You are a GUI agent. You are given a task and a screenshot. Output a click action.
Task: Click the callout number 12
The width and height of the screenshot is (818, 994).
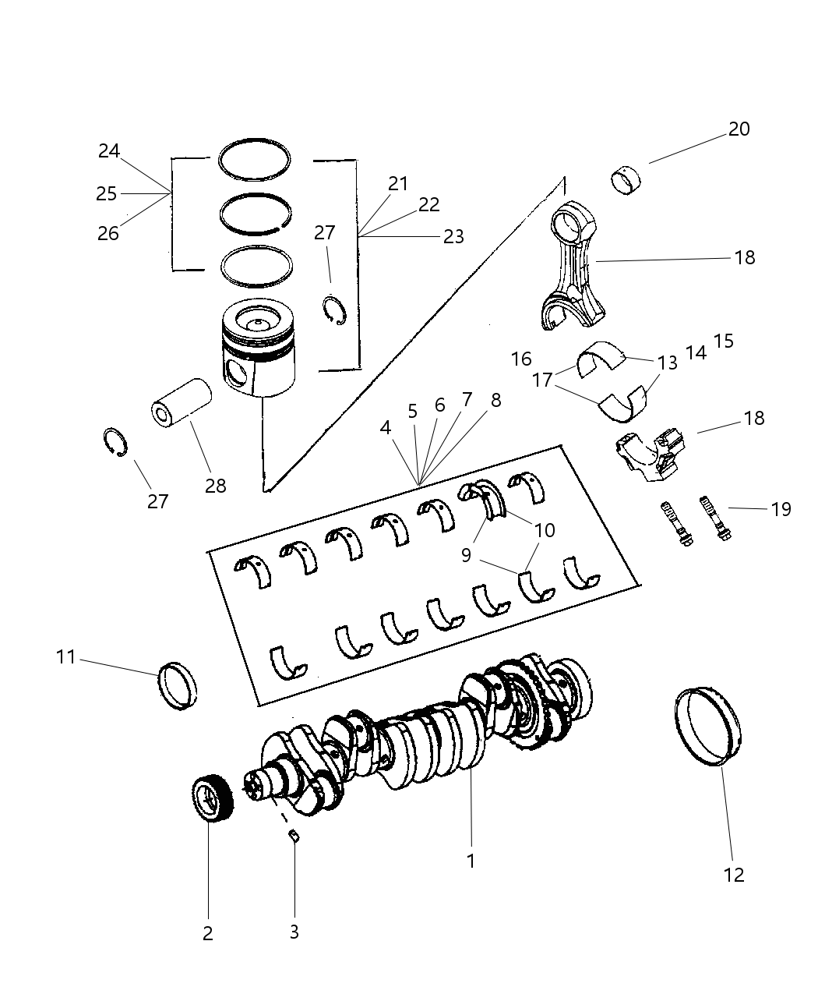pos(734,875)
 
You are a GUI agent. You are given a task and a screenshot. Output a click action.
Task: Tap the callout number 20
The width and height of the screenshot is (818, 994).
pos(739,129)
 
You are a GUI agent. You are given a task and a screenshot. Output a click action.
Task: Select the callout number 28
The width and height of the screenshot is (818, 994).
pos(215,486)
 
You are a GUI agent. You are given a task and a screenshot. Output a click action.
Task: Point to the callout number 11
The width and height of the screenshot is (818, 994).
pos(66,657)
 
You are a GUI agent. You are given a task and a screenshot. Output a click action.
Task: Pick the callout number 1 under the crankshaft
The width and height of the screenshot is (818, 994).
pos(471,861)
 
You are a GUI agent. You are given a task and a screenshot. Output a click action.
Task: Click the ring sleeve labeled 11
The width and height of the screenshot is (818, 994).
pos(178,686)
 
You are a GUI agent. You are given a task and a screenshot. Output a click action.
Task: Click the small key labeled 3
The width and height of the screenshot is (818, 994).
pos(294,837)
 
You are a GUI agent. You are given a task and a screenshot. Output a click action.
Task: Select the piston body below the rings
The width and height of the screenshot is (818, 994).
pos(259,349)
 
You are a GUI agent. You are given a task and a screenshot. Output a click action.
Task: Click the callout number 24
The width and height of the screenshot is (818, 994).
pos(109,151)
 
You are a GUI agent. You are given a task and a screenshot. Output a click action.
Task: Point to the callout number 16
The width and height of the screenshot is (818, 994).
pos(521,359)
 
